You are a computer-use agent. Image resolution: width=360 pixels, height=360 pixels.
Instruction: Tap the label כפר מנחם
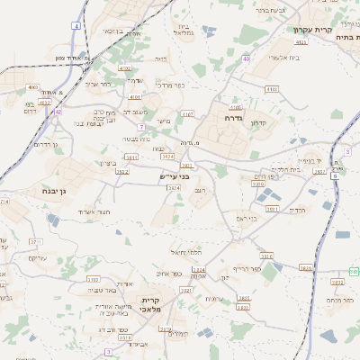337,300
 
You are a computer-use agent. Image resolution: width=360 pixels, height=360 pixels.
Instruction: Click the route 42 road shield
58,112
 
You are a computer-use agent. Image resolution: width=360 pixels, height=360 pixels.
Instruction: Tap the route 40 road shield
246,58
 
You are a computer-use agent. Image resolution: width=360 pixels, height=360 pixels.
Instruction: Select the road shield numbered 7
141,127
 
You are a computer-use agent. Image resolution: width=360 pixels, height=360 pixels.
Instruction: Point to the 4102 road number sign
124,67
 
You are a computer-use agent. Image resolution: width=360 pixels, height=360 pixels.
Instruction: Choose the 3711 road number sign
36,242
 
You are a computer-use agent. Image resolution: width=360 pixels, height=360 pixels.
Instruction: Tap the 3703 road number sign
93,279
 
